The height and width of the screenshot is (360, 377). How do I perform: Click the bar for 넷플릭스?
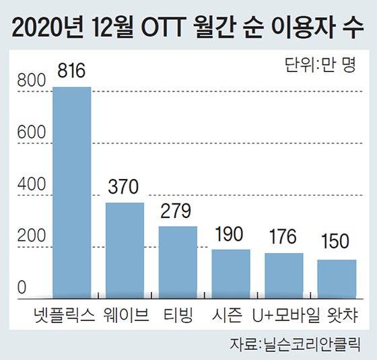click(x=71, y=192)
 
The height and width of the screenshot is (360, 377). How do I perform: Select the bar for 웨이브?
click(x=125, y=250)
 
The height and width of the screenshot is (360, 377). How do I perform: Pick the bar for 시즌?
click(x=231, y=273)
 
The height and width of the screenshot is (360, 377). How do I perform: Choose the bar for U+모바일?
click(x=283, y=275)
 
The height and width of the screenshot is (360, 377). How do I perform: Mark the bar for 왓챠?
click(x=337, y=278)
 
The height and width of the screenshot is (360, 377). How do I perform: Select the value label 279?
click(x=178, y=213)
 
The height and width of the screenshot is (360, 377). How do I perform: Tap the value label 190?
click(x=231, y=236)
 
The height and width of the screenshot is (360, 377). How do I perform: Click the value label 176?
click(x=283, y=240)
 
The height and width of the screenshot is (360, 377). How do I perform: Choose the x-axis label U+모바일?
click(x=283, y=314)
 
